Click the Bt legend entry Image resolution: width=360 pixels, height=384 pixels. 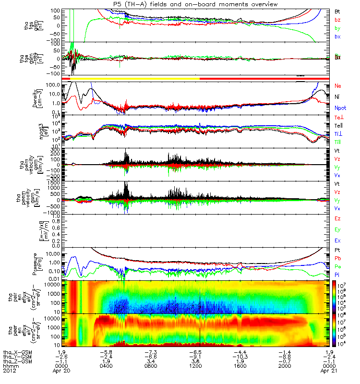(x=338, y=11)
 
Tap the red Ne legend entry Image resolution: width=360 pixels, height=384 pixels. (x=338, y=85)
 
